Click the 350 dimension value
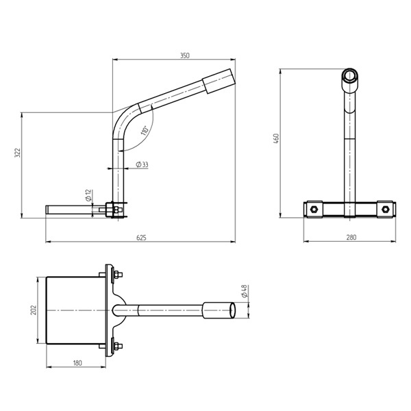pyautogui.click(x=185, y=55)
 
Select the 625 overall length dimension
pyautogui.click(x=141, y=238)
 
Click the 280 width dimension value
pyautogui.click(x=351, y=238)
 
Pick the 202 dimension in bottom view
pyautogui.click(x=32, y=309)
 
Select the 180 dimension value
pyautogui.click(x=77, y=363)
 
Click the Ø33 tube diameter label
pyautogui.click(x=142, y=164)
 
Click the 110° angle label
pyautogui.click(x=145, y=131)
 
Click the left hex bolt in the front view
pyautogui.click(x=314, y=209)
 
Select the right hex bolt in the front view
pyautogui.click(x=386, y=208)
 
